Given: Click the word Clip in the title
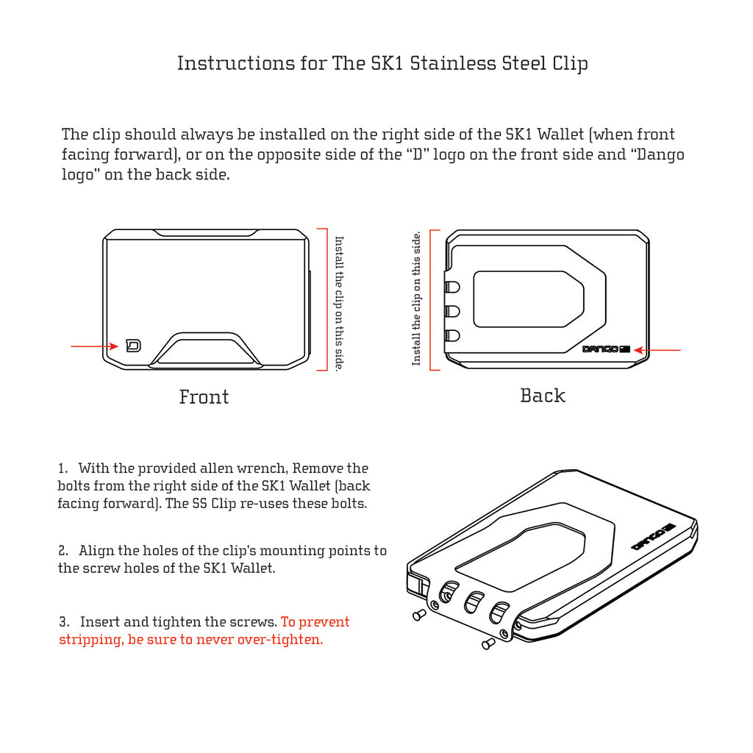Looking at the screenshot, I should tap(570, 63).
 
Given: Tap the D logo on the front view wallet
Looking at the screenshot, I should tap(133, 346).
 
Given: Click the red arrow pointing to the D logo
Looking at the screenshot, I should tap(94, 346).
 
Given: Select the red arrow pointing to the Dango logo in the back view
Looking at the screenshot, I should tap(657, 350).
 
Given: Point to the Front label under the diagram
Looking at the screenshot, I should tap(204, 397).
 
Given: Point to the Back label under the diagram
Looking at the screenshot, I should tap(543, 396).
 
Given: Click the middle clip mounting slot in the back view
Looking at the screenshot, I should tap(452, 311).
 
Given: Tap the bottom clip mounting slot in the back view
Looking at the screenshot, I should tap(452, 336).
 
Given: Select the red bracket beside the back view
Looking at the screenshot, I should tap(435, 300).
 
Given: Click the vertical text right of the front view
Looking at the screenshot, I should tap(339, 303).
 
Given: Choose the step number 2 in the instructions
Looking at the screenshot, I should tap(64, 551).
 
